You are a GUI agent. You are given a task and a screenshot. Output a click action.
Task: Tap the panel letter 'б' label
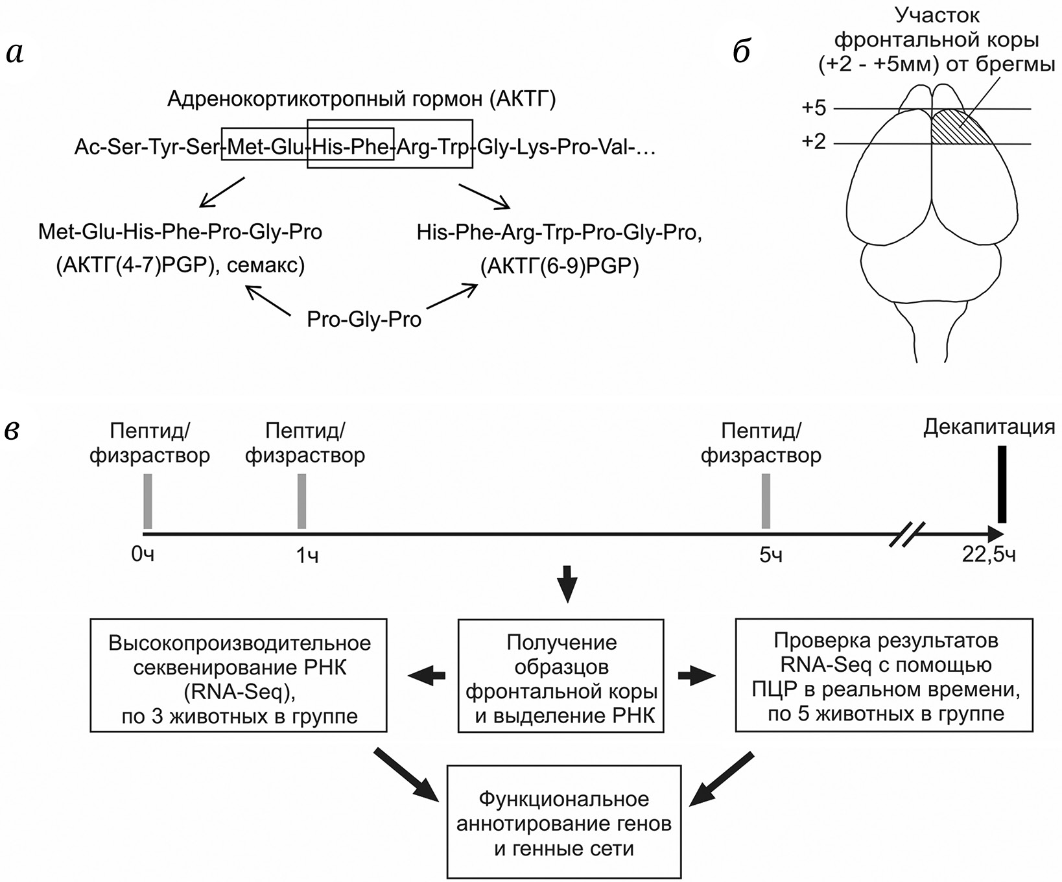pos(742,53)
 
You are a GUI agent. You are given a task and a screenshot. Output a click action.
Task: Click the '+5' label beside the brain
pos(814,108)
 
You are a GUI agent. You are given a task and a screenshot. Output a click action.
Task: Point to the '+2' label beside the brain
pos(814,141)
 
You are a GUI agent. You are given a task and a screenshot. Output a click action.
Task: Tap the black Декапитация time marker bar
pos(1002,484)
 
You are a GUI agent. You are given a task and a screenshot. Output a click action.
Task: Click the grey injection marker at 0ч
pos(148,501)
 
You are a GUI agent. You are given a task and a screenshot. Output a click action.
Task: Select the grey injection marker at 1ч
pos(301,501)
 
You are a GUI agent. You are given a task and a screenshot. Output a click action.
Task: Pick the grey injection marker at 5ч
pos(766,501)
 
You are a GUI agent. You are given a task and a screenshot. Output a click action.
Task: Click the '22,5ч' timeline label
pos(989,556)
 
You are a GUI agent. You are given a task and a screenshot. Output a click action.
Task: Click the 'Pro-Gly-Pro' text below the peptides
pos(364,320)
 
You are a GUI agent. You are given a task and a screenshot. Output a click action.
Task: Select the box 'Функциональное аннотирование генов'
pos(564,822)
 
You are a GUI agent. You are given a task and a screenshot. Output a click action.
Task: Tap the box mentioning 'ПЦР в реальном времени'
pos(884,675)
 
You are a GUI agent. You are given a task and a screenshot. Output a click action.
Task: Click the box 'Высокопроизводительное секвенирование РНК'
pos(239,675)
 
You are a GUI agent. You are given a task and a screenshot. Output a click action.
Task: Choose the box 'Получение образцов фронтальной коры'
pos(561,676)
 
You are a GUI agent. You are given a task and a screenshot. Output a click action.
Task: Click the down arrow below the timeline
pos(568,583)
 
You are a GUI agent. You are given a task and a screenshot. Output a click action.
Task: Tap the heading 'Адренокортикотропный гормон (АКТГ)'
pos(361,99)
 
